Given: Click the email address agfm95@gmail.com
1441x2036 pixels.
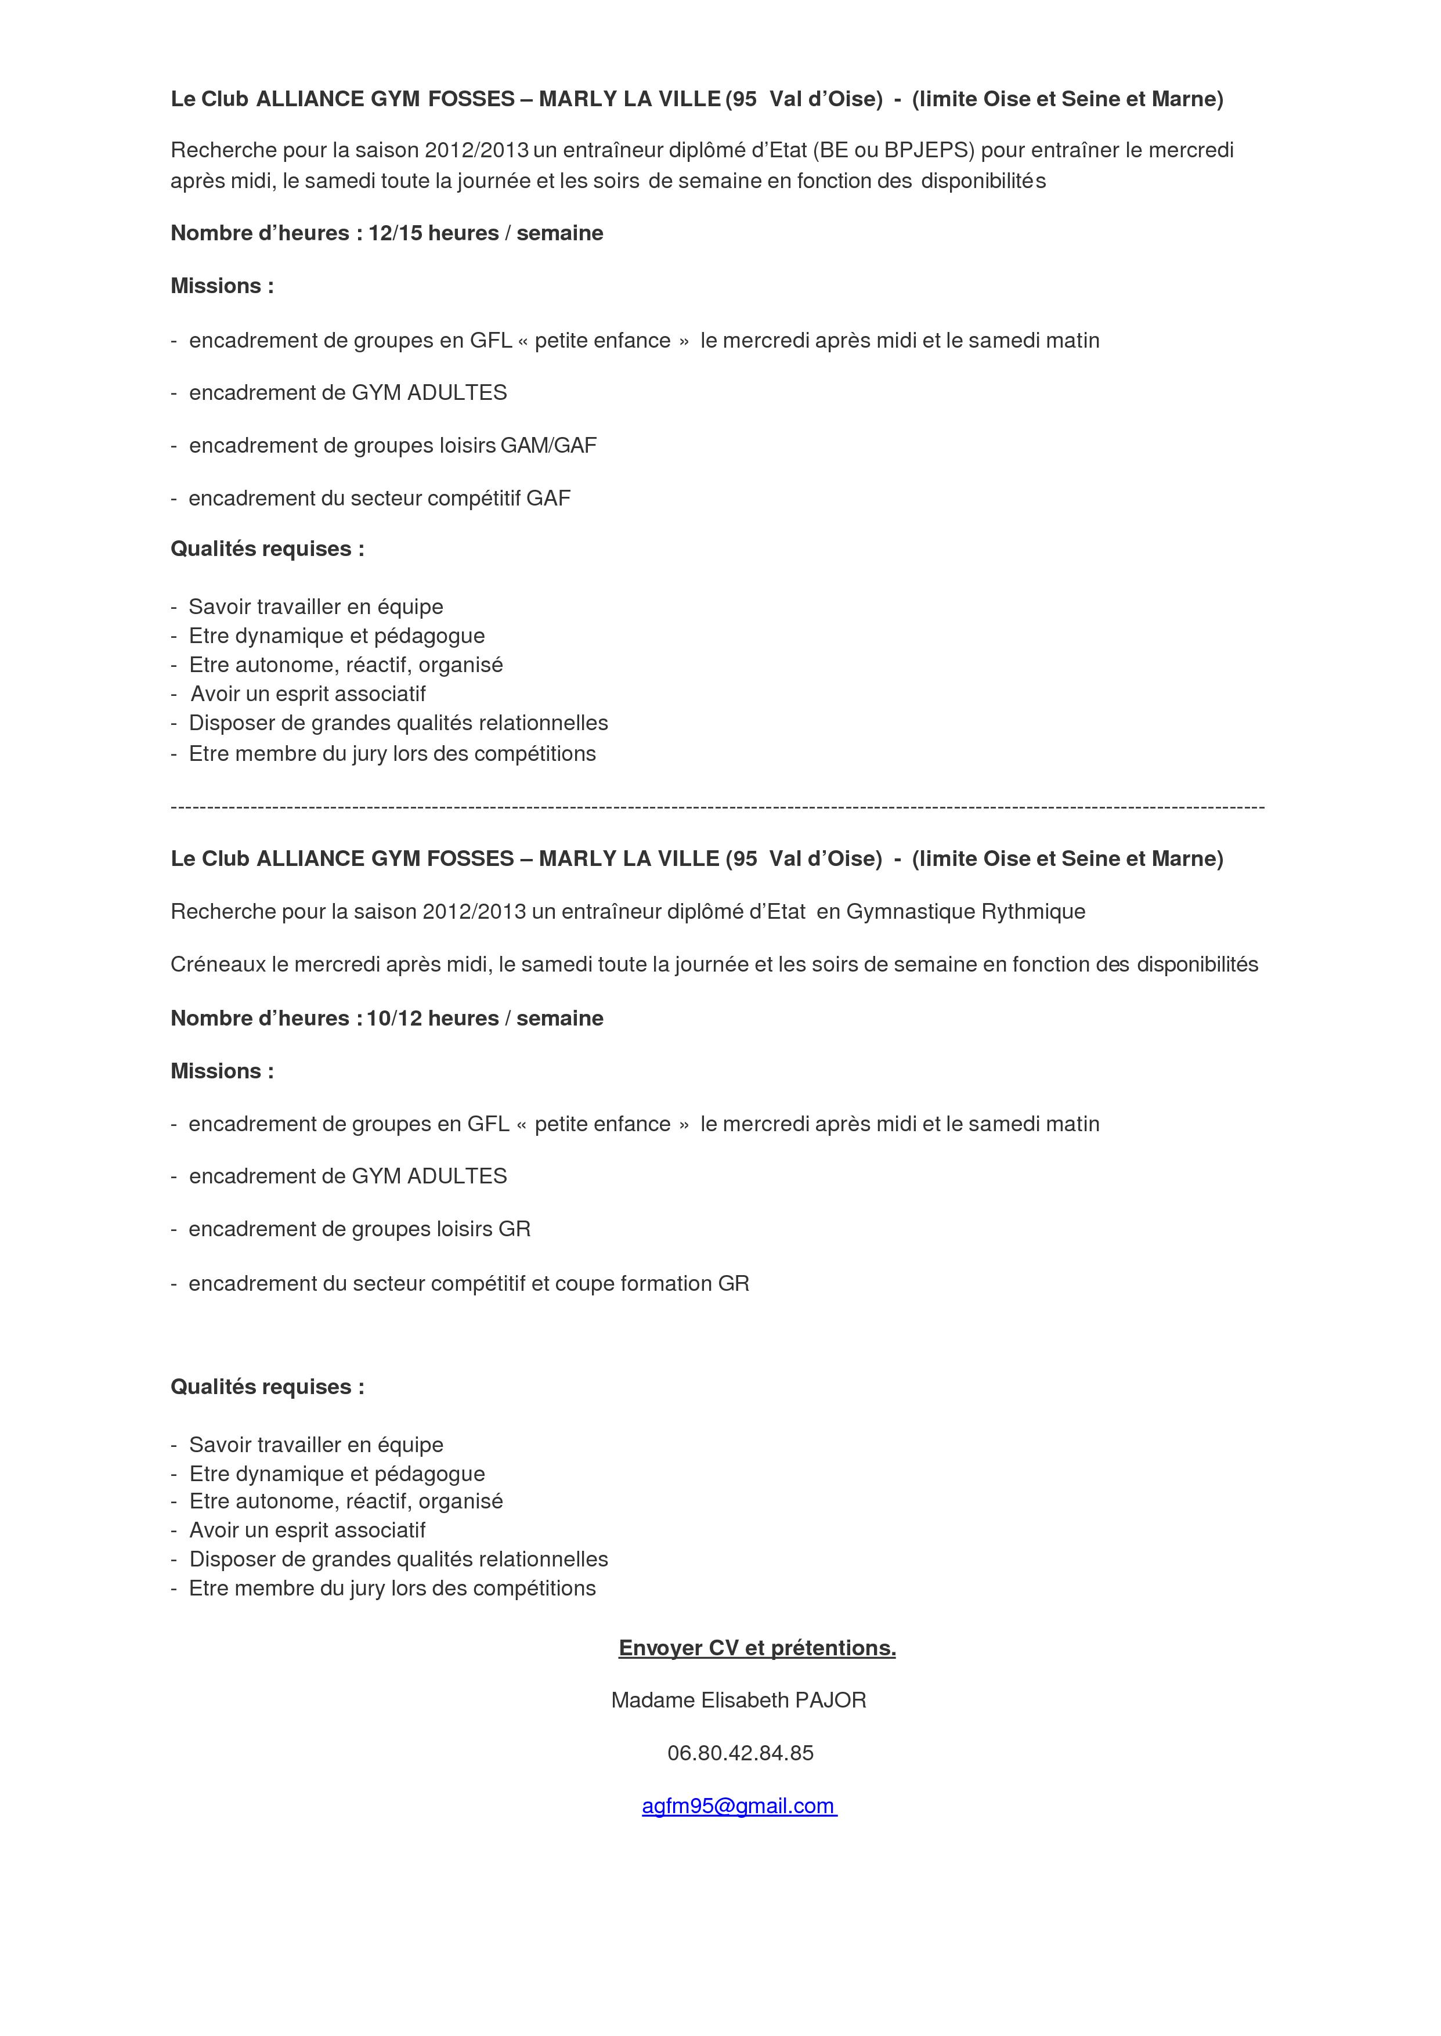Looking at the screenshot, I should (739, 1806).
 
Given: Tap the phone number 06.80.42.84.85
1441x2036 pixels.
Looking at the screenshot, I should (740, 1753).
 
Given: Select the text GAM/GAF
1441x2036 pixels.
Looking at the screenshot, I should (548, 445).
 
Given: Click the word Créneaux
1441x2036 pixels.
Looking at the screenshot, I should (218, 965).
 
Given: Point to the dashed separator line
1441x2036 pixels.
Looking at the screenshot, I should (717, 807).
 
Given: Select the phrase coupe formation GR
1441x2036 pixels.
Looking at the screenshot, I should (651, 1284).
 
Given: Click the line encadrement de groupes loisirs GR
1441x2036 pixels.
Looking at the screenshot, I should (359, 1230).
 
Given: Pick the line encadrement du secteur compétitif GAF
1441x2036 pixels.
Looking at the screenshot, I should (379, 499).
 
